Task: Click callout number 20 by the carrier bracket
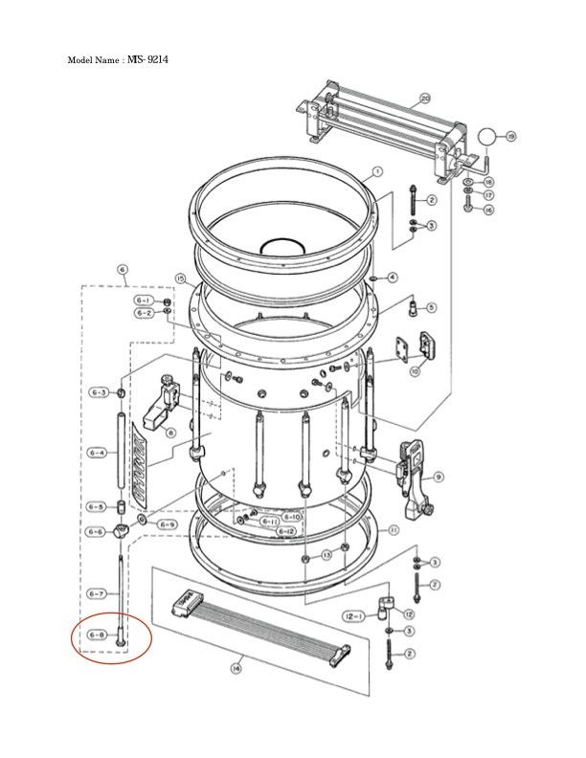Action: [x=425, y=98]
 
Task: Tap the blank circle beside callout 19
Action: [x=488, y=137]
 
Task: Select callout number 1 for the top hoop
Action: [x=377, y=172]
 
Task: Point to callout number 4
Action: [x=393, y=278]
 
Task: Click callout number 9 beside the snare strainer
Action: [x=438, y=476]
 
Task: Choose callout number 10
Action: [x=414, y=370]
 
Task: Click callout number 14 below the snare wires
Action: [x=236, y=669]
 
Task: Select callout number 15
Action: [x=179, y=279]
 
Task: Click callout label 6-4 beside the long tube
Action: [x=98, y=454]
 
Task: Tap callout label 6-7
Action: [x=98, y=593]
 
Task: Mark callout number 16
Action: [x=488, y=210]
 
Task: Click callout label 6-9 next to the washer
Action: [x=167, y=524]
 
